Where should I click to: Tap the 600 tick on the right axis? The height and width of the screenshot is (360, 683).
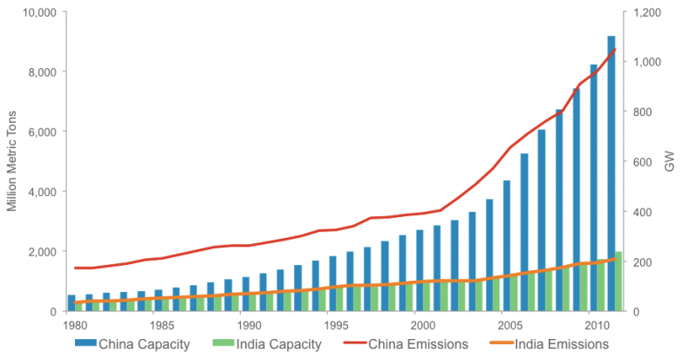tap(642, 162)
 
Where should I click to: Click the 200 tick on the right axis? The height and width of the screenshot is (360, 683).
tap(642, 262)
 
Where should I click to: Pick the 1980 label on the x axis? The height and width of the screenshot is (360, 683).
tap(76, 325)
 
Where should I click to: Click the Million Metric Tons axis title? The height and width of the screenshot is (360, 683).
tap(12, 161)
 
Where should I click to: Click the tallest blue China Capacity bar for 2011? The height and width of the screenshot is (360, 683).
tap(611, 174)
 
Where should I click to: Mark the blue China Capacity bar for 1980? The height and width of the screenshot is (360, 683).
tap(72, 302)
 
